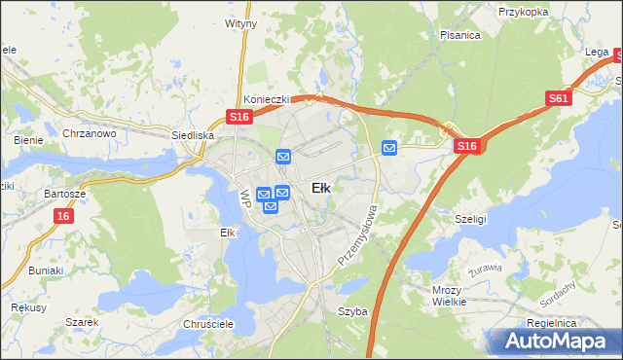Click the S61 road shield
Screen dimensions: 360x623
tap(558, 98)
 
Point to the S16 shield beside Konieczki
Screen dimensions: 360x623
tap(240, 117)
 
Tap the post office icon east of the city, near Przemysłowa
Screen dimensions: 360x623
tap(389, 148)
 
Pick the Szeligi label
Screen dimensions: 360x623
tap(470, 220)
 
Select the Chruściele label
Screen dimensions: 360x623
tap(205, 323)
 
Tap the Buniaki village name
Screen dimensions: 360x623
tap(45, 270)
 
